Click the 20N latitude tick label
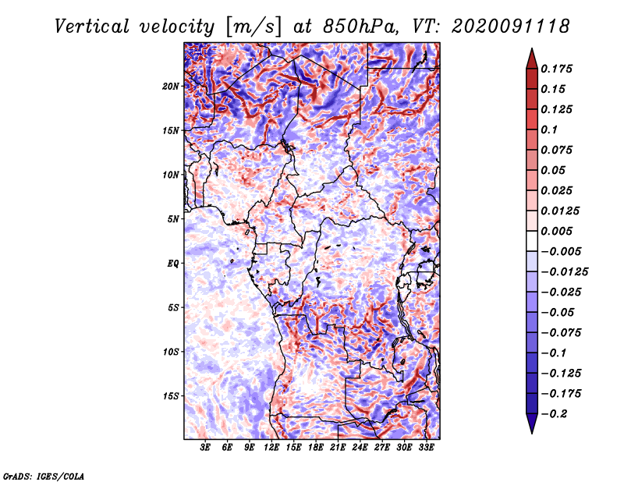click(172, 86)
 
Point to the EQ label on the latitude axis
click(173, 263)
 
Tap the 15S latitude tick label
click(172, 395)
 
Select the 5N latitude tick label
click(173, 218)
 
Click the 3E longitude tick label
click(206, 448)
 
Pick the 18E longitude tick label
click(316, 448)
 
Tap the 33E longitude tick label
click(427, 448)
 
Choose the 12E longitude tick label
click(272, 448)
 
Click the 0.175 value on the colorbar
click(558, 69)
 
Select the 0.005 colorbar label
click(558, 231)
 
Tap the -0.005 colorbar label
click(561, 251)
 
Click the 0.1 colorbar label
click(551, 129)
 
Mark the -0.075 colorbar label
click(561, 333)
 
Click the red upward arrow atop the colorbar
click(530, 55)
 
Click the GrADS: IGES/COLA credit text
click(43, 475)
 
